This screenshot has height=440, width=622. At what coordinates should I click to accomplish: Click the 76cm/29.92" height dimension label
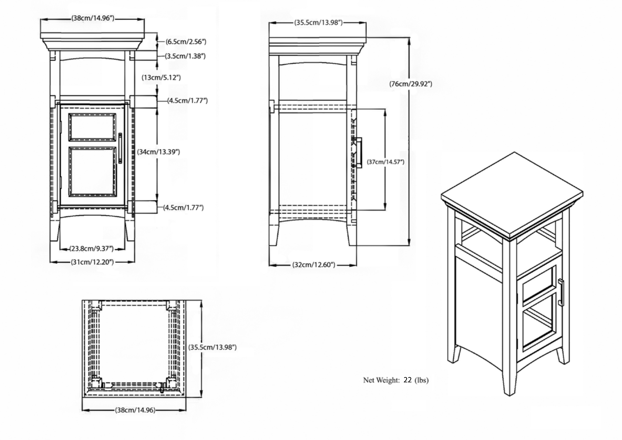coord(411,84)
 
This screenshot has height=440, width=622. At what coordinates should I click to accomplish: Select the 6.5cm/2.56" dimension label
coord(186,42)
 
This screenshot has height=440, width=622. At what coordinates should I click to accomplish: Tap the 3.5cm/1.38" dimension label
coord(185,56)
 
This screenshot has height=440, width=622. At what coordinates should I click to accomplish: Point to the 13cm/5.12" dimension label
coord(161,78)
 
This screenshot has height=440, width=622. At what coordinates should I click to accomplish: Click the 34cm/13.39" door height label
coord(158,152)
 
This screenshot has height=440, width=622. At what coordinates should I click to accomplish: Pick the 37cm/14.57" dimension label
coord(386,162)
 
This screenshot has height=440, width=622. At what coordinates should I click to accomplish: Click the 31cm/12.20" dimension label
coord(92,262)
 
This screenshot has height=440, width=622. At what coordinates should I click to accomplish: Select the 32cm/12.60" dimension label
coord(314,265)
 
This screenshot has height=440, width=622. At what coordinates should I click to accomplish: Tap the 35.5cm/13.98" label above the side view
coord(318,23)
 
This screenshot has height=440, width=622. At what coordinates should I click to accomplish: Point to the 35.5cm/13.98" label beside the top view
coord(212,347)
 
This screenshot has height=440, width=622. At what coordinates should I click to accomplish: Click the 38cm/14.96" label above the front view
coord(93,18)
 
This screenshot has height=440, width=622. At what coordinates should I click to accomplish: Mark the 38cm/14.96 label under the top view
coord(135,410)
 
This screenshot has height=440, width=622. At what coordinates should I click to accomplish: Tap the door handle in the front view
coord(120,148)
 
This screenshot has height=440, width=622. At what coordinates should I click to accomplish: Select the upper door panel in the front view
coord(92,127)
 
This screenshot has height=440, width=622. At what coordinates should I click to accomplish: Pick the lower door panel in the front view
coord(92,171)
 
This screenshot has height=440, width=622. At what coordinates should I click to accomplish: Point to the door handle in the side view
coord(358,152)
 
